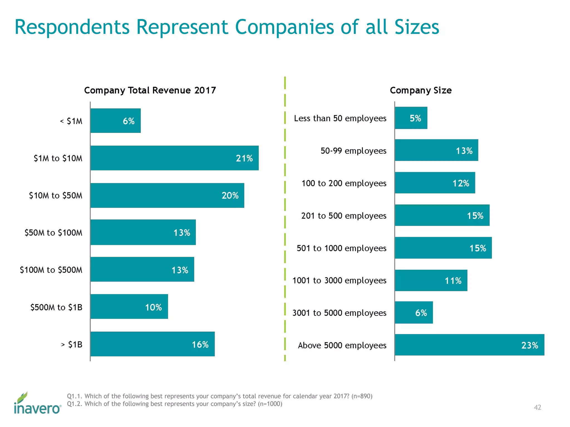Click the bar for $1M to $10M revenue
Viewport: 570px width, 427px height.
pyautogui.click(x=174, y=158)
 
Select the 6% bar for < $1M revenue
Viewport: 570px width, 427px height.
pyautogui.click(x=115, y=121)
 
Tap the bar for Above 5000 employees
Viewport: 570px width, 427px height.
pyautogui.click(x=469, y=345)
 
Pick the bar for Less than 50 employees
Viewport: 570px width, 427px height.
pyautogui.click(x=411, y=118)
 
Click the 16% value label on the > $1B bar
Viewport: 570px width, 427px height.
pyautogui.click(x=200, y=345)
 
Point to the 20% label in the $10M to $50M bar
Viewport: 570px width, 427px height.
pyautogui.click(x=230, y=195)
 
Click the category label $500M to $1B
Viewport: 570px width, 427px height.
pyautogui.click(x=56, y=307)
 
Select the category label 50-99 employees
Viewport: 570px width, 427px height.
pyautogui.click(x=353, y=151)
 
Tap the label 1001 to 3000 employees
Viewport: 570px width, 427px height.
pyautogui.click(x=339, y=280)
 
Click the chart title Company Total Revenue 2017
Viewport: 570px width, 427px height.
pyautogui.click(x=150, y=90)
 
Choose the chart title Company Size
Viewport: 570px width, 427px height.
pyautogui.click(x=421, y=90)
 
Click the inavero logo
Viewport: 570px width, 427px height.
pyautogui.click(x=37, y=403)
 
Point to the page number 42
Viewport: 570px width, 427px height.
pyautogui.click(x=537, y=407)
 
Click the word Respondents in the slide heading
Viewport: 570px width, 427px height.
pyautogui.click(x=72, y=27)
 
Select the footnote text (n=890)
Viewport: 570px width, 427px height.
pyautogui.click(x=362, y=396)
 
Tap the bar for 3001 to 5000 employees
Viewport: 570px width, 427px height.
pyautogui.click(x=414, y=312)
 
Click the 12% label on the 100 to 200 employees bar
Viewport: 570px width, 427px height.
pyautogui.click(x=461, y=183)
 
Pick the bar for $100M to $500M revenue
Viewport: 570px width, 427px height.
pyautogui.click(x=142, y=269)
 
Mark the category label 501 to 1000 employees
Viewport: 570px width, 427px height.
pyautogui.click(x=341, y=248)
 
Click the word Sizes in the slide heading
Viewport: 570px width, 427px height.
pyautogui.click(x=417, y=27)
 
